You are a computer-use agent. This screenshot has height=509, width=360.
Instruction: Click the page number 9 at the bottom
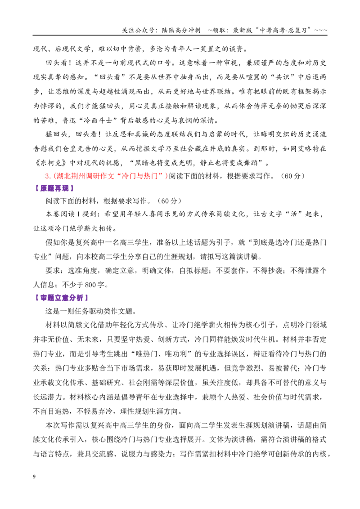click(35, 477)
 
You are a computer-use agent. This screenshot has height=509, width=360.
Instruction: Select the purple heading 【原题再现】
click(54, 188)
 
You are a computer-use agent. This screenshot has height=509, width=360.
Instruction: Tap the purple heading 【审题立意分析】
click(61, 298)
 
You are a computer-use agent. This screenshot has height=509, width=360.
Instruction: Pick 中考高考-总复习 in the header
click(283, 30)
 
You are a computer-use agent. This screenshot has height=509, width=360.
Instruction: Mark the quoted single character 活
click(294, 214)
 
